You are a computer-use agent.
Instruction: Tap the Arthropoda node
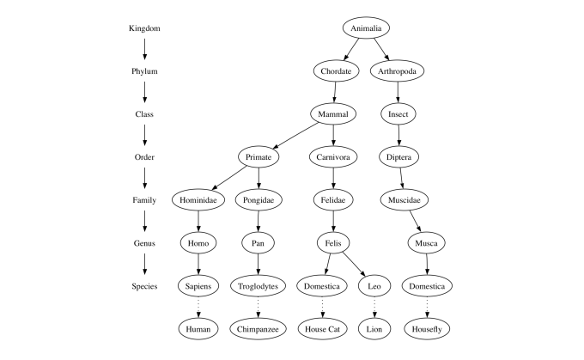tap(397, 71)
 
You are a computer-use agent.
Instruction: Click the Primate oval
tap(258, 157)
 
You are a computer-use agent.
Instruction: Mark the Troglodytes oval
tap(258, 286)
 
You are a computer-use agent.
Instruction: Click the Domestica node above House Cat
tap(324, 286)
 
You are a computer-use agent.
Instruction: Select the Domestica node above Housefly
tap(427, 286)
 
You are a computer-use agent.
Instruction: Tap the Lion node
tap(374, 328)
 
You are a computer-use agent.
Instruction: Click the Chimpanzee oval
tap(258, 328)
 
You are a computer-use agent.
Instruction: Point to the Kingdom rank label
tap(144, 28)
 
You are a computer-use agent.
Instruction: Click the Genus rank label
tap(144, 243)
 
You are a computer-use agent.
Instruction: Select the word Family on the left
tap(144, 200)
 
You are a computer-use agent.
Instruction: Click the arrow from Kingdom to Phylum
tap(144, 49)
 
